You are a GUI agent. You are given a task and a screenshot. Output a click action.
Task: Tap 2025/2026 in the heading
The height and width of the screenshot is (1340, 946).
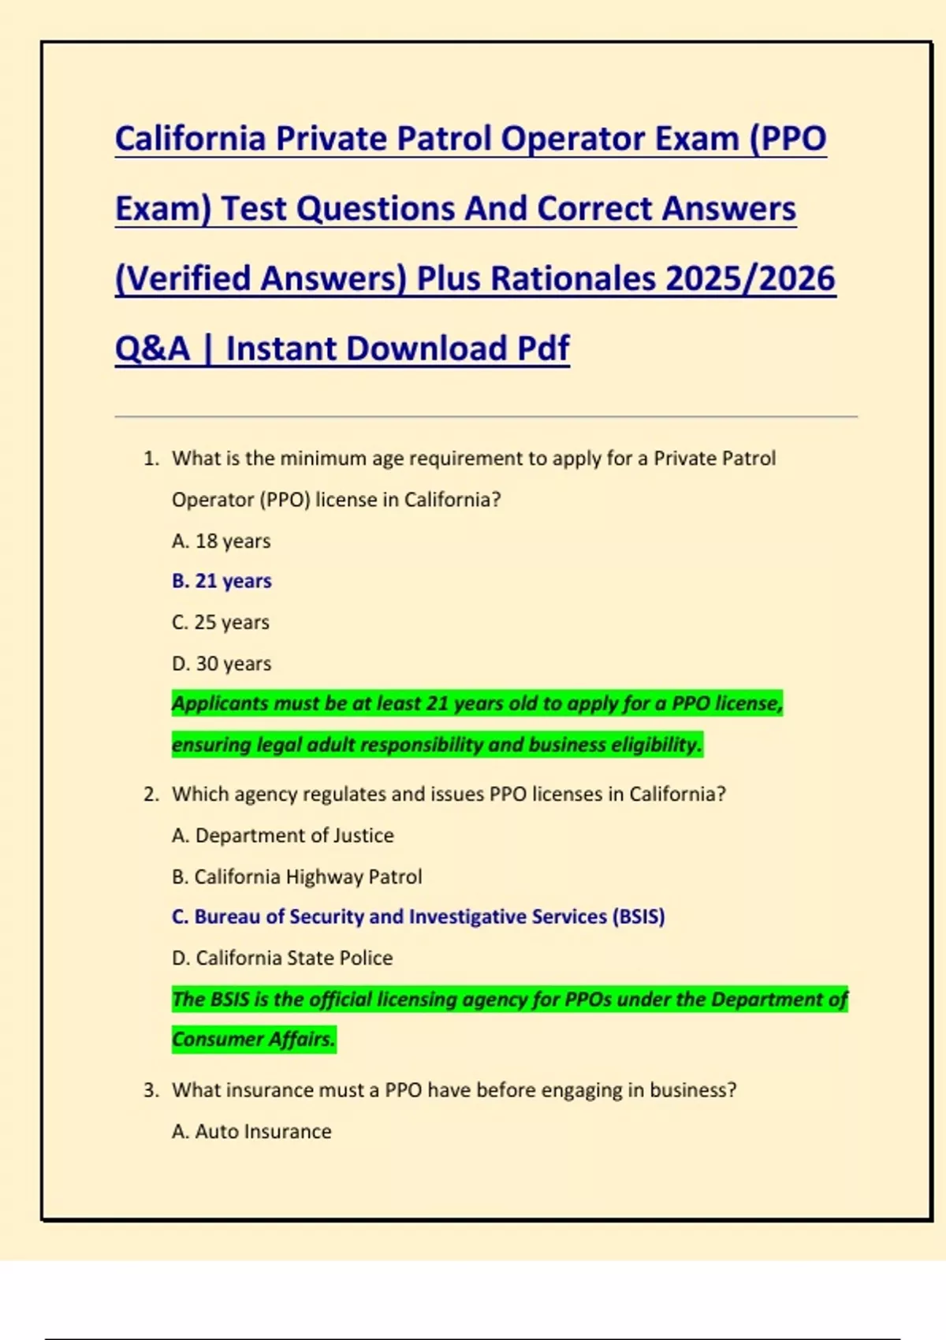pos(750,279)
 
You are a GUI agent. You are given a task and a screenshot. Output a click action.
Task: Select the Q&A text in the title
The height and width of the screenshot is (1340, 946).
pos(153,349)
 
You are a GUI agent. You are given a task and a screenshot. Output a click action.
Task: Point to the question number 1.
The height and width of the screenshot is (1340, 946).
pos(151,459)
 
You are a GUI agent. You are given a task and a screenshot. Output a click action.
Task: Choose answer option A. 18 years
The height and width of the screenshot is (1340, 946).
pos(222,542)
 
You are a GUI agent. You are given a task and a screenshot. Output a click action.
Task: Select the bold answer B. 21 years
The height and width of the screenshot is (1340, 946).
pos(222,581)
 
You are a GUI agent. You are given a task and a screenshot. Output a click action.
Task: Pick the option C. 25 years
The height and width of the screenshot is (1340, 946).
pos(221,623)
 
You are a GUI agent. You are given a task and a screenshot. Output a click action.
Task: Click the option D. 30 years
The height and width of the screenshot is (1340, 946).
pos(222,664)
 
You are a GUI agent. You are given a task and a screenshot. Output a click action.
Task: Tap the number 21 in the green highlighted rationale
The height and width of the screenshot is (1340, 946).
pos(437,703)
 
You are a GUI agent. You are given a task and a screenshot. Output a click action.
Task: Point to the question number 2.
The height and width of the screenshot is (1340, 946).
pos(151,795)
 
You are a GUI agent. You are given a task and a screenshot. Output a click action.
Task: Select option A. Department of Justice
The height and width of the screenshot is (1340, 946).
pos(283,836)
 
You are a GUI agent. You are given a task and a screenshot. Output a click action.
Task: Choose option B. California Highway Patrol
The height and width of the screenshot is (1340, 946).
pos(297,877)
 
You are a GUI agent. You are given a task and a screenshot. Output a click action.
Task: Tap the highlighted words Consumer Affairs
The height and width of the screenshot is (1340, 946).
pos(253,1040)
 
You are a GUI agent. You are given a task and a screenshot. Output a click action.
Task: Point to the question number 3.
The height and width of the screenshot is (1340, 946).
pos(151,1091)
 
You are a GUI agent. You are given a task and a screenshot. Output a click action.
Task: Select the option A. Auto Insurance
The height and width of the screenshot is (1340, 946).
pos(251,1132)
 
